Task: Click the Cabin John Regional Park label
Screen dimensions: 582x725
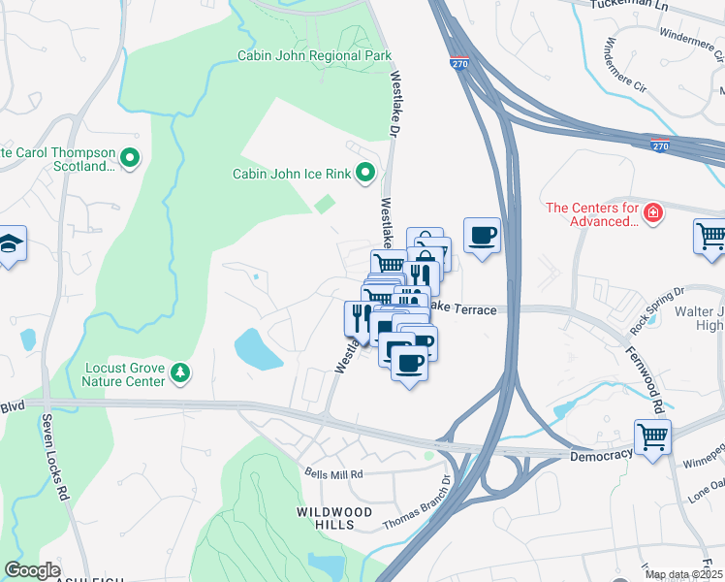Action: click(314, 55)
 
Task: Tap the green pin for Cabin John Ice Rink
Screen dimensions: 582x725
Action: click(365, 174)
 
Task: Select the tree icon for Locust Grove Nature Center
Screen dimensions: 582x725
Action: click(178, 372)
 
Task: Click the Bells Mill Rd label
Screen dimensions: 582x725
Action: click(332, 474)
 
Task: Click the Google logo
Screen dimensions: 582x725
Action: click(32, 570)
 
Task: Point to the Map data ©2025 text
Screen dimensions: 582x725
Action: click(682, 574)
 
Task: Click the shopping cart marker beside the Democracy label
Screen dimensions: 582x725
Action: click(652, 436)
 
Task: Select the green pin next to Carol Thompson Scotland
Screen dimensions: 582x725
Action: click(131, 155)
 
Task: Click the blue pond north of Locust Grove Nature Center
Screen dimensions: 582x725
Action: click(258, 348)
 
